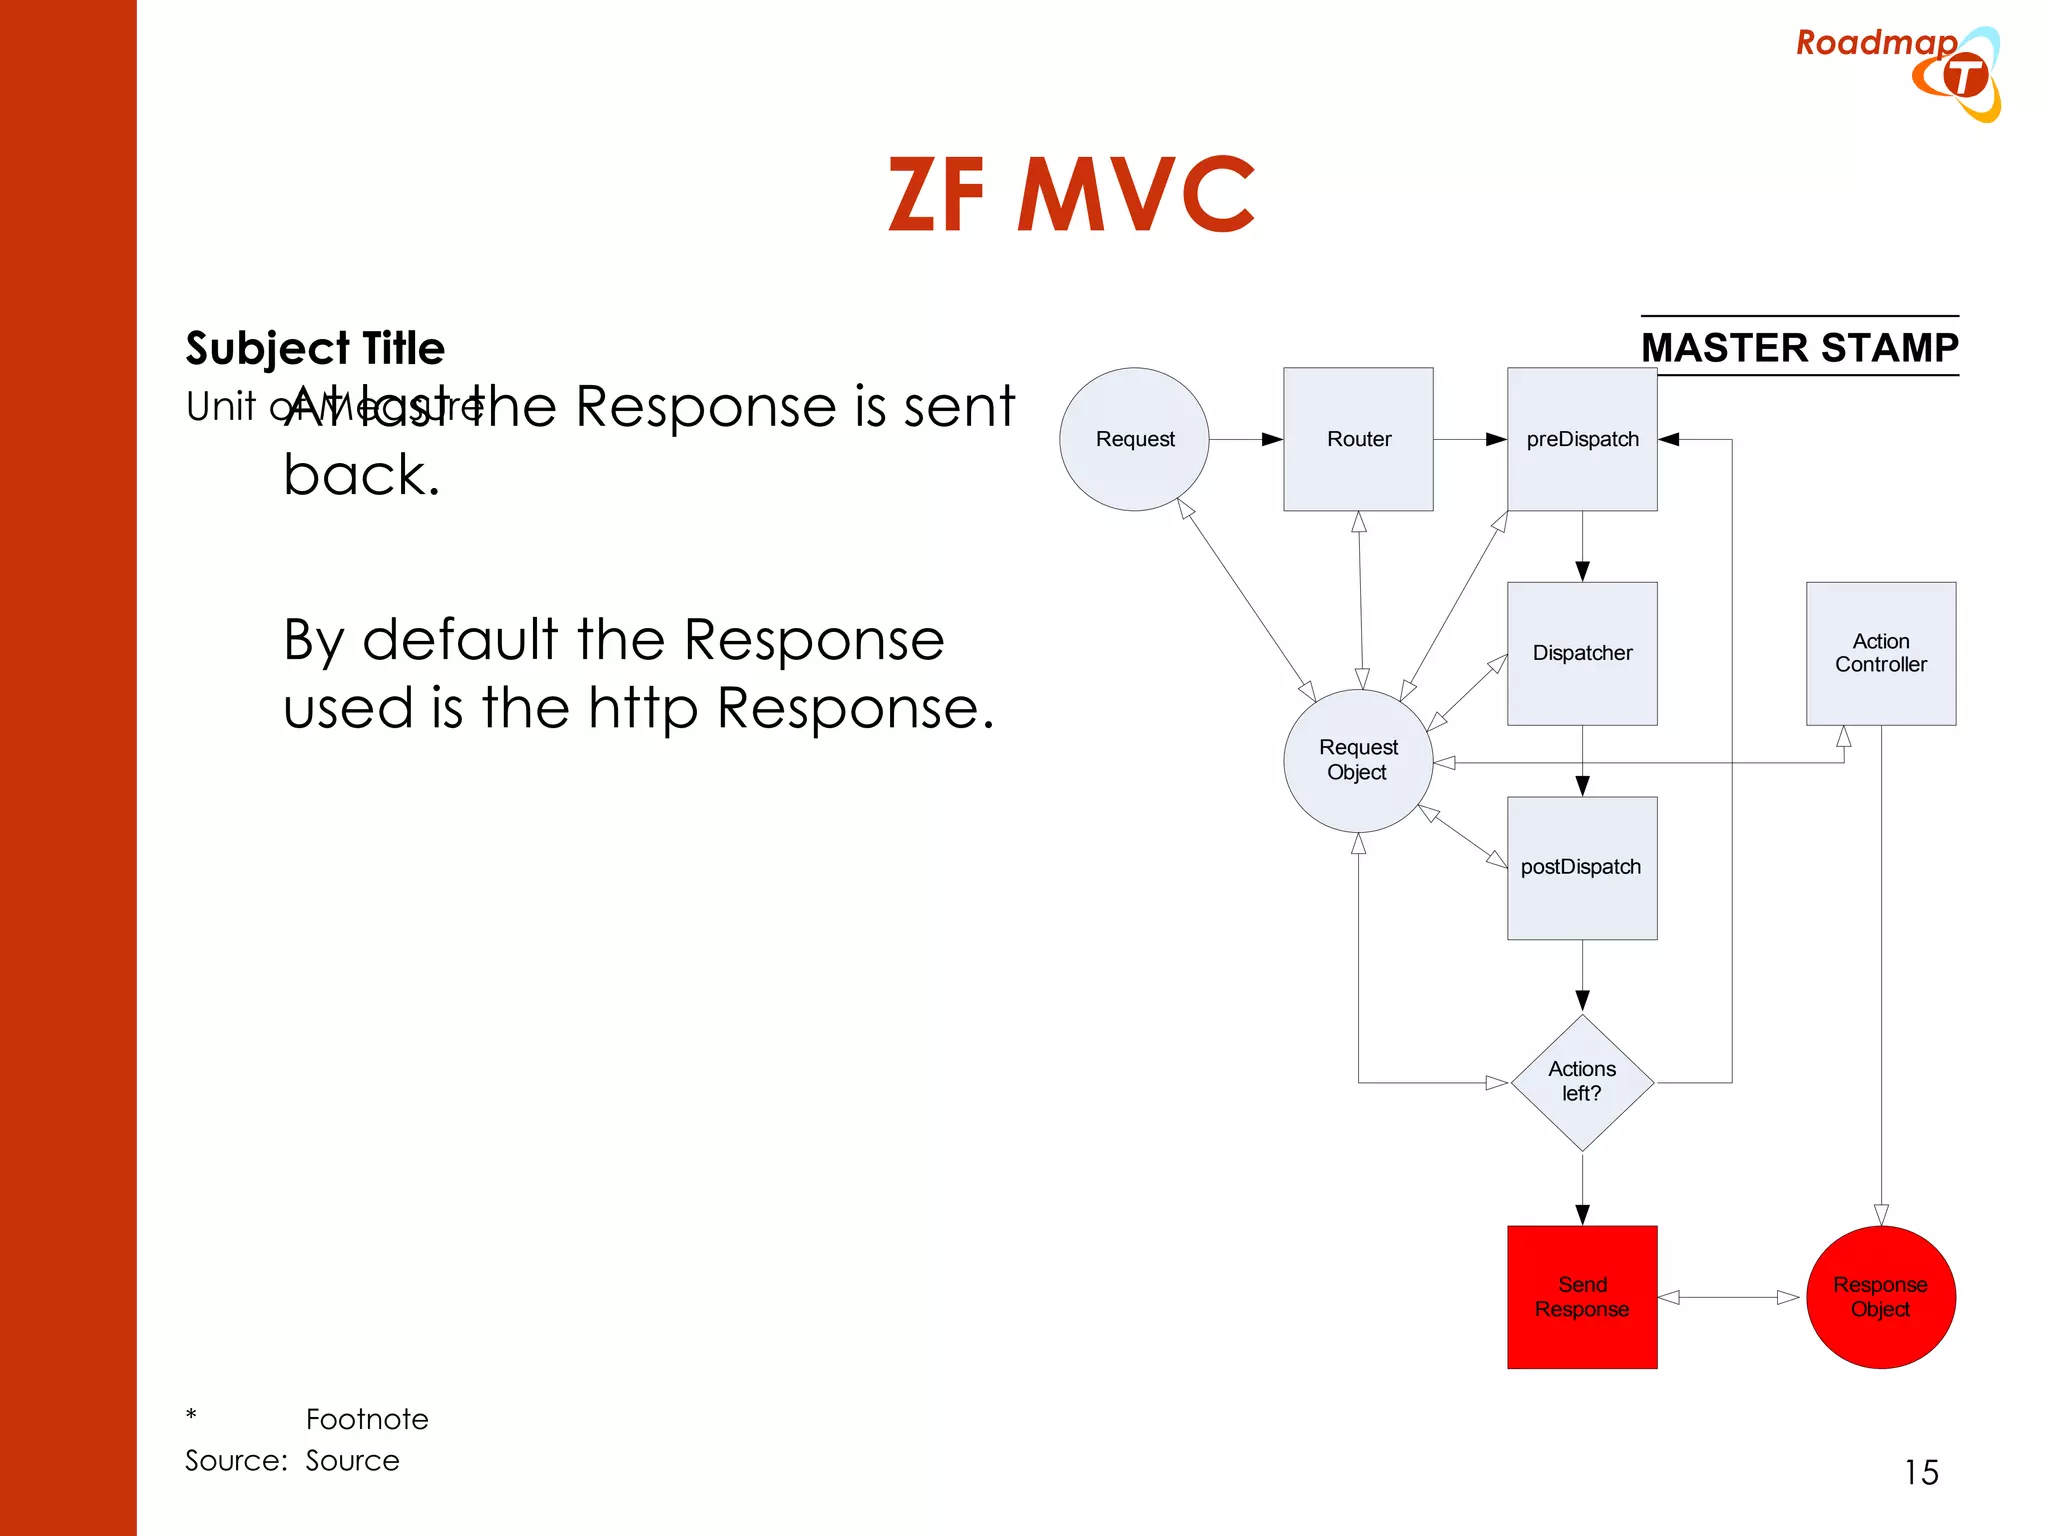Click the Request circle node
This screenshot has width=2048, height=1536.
click(1134, 439)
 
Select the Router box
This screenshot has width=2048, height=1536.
click(1358, 439)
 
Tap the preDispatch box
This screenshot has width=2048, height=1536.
click(1582, 439)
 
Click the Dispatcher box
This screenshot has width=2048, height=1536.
click(1582, 653)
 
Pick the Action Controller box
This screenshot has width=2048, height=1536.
click(1880, 653)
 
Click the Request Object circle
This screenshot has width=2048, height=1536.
click(1357, 760)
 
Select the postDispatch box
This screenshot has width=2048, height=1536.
click(1581, 867)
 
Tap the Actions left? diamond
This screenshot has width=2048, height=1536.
click(1581, 1082)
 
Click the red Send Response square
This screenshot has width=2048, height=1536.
click(1581, 1297)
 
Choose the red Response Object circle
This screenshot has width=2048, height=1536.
click(1880, 1297)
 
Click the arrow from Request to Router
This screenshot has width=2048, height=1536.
click(1246, 439)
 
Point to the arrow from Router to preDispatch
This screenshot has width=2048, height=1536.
click(1470, 439)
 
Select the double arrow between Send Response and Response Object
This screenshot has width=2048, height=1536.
click(1730, 1297)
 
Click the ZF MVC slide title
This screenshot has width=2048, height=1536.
click(1071, 195)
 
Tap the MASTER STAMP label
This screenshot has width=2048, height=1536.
click(1799, 347)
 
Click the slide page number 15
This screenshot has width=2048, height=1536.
click(1920, 1472)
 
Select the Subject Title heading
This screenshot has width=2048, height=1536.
click(315, 348)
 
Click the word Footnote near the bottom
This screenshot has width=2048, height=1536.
click(367, 1419)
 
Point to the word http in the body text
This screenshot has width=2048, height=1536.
click(642, 709)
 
